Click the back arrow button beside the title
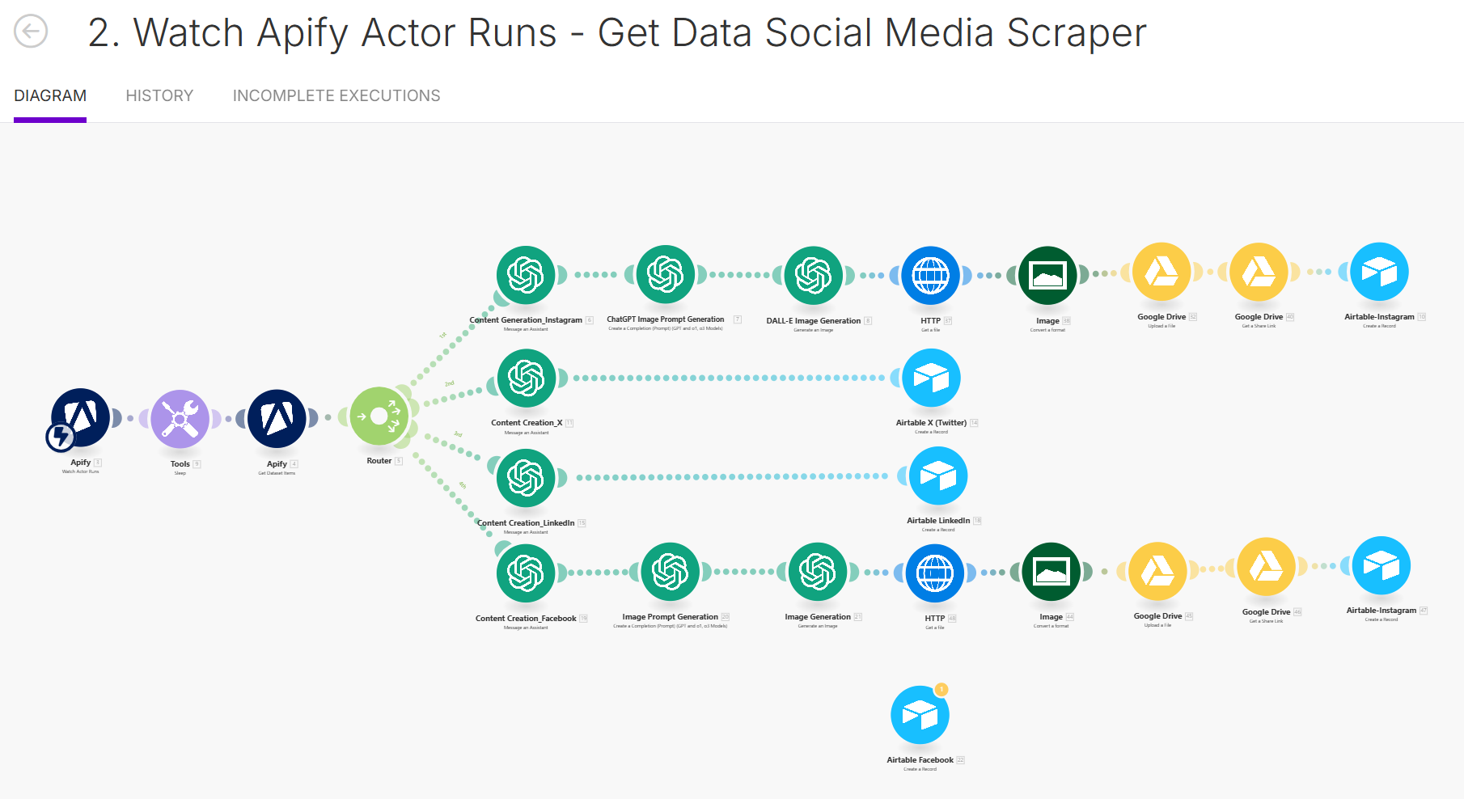pyautogui.click(x=31, y=32)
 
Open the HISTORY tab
pyautogui.click(x=159, y=95)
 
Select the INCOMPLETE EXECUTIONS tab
pyautogui.click(x=336, y=95)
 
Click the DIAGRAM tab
pyautogui.click(x=50, y=95)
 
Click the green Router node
pyautogui.click(x=379, y=416)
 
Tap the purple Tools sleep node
pyautogui.click(x=180, y=419)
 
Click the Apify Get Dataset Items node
pyautogui.click(x=277, y=419)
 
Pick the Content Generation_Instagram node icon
pyautogui.click(x=526, y=275)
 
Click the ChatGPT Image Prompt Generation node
pyautogui.click(x=666, y=275)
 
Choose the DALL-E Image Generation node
pyautogui.click(x=814, y=276)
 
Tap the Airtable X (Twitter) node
pyautogui.click(x=931, y=378)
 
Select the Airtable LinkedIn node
pyautogui.click(x=938, y=476)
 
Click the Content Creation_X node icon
pyautogui.click(x=527, y=378)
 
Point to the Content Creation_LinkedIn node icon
pyautogui.click(x=526, y=478)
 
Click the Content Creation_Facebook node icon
pyautogui.click(x=526, y=573)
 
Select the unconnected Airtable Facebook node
pyautogui.click(x=920, y=715)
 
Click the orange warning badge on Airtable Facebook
pyautogui.click(x=941, y=690)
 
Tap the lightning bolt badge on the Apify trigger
pyautogui.click(x=60, y=437)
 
